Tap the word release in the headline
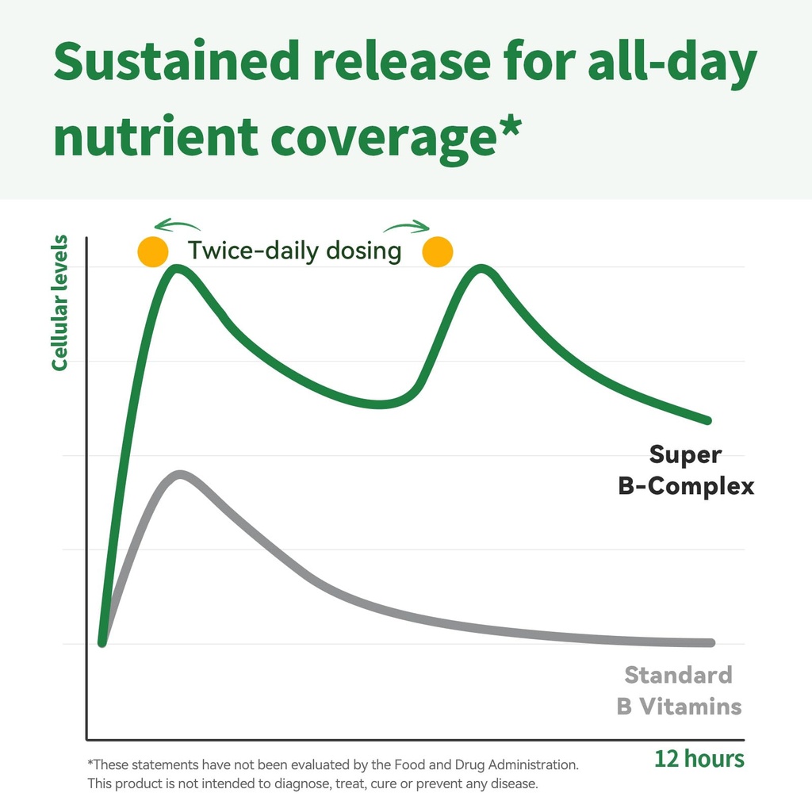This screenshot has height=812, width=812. tap(402, 61)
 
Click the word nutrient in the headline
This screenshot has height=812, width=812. tap(156, 136)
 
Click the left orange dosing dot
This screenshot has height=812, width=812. tap(153, 251)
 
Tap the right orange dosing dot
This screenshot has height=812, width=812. tap(438, 251)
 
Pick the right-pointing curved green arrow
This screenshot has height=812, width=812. tap(407, 226)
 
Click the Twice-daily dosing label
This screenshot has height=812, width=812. tap(295, 251)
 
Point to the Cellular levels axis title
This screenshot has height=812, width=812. tap(59, 302)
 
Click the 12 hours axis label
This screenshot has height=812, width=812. tap(699, 759)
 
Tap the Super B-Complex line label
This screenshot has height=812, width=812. tap(686, 470)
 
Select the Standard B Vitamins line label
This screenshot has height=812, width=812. tap(679, 691)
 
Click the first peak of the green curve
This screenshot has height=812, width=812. tap(177, 268)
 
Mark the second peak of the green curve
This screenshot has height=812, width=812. tap(481, 268)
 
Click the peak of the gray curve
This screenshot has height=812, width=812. tap(180, 474)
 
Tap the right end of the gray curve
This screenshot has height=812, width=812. tap(711, 642)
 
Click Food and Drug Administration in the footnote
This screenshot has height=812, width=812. tap(486, 765)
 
